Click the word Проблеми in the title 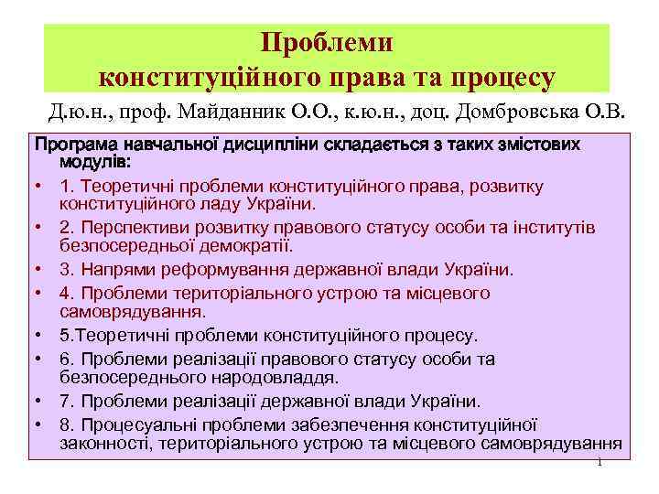point(327,43)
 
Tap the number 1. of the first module point(66,187)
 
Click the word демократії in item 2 point(240,246)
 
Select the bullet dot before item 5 point(41,336)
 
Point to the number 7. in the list point(66,402)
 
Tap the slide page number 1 point(599,462)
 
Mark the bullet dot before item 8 point(41,424)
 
